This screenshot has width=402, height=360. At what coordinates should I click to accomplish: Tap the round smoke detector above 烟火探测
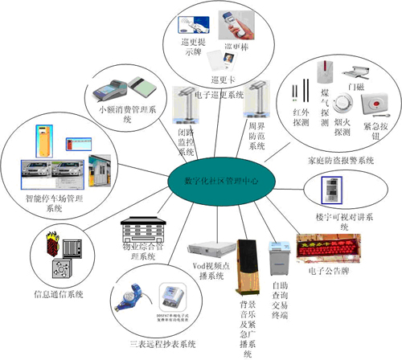pos(345,105)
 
